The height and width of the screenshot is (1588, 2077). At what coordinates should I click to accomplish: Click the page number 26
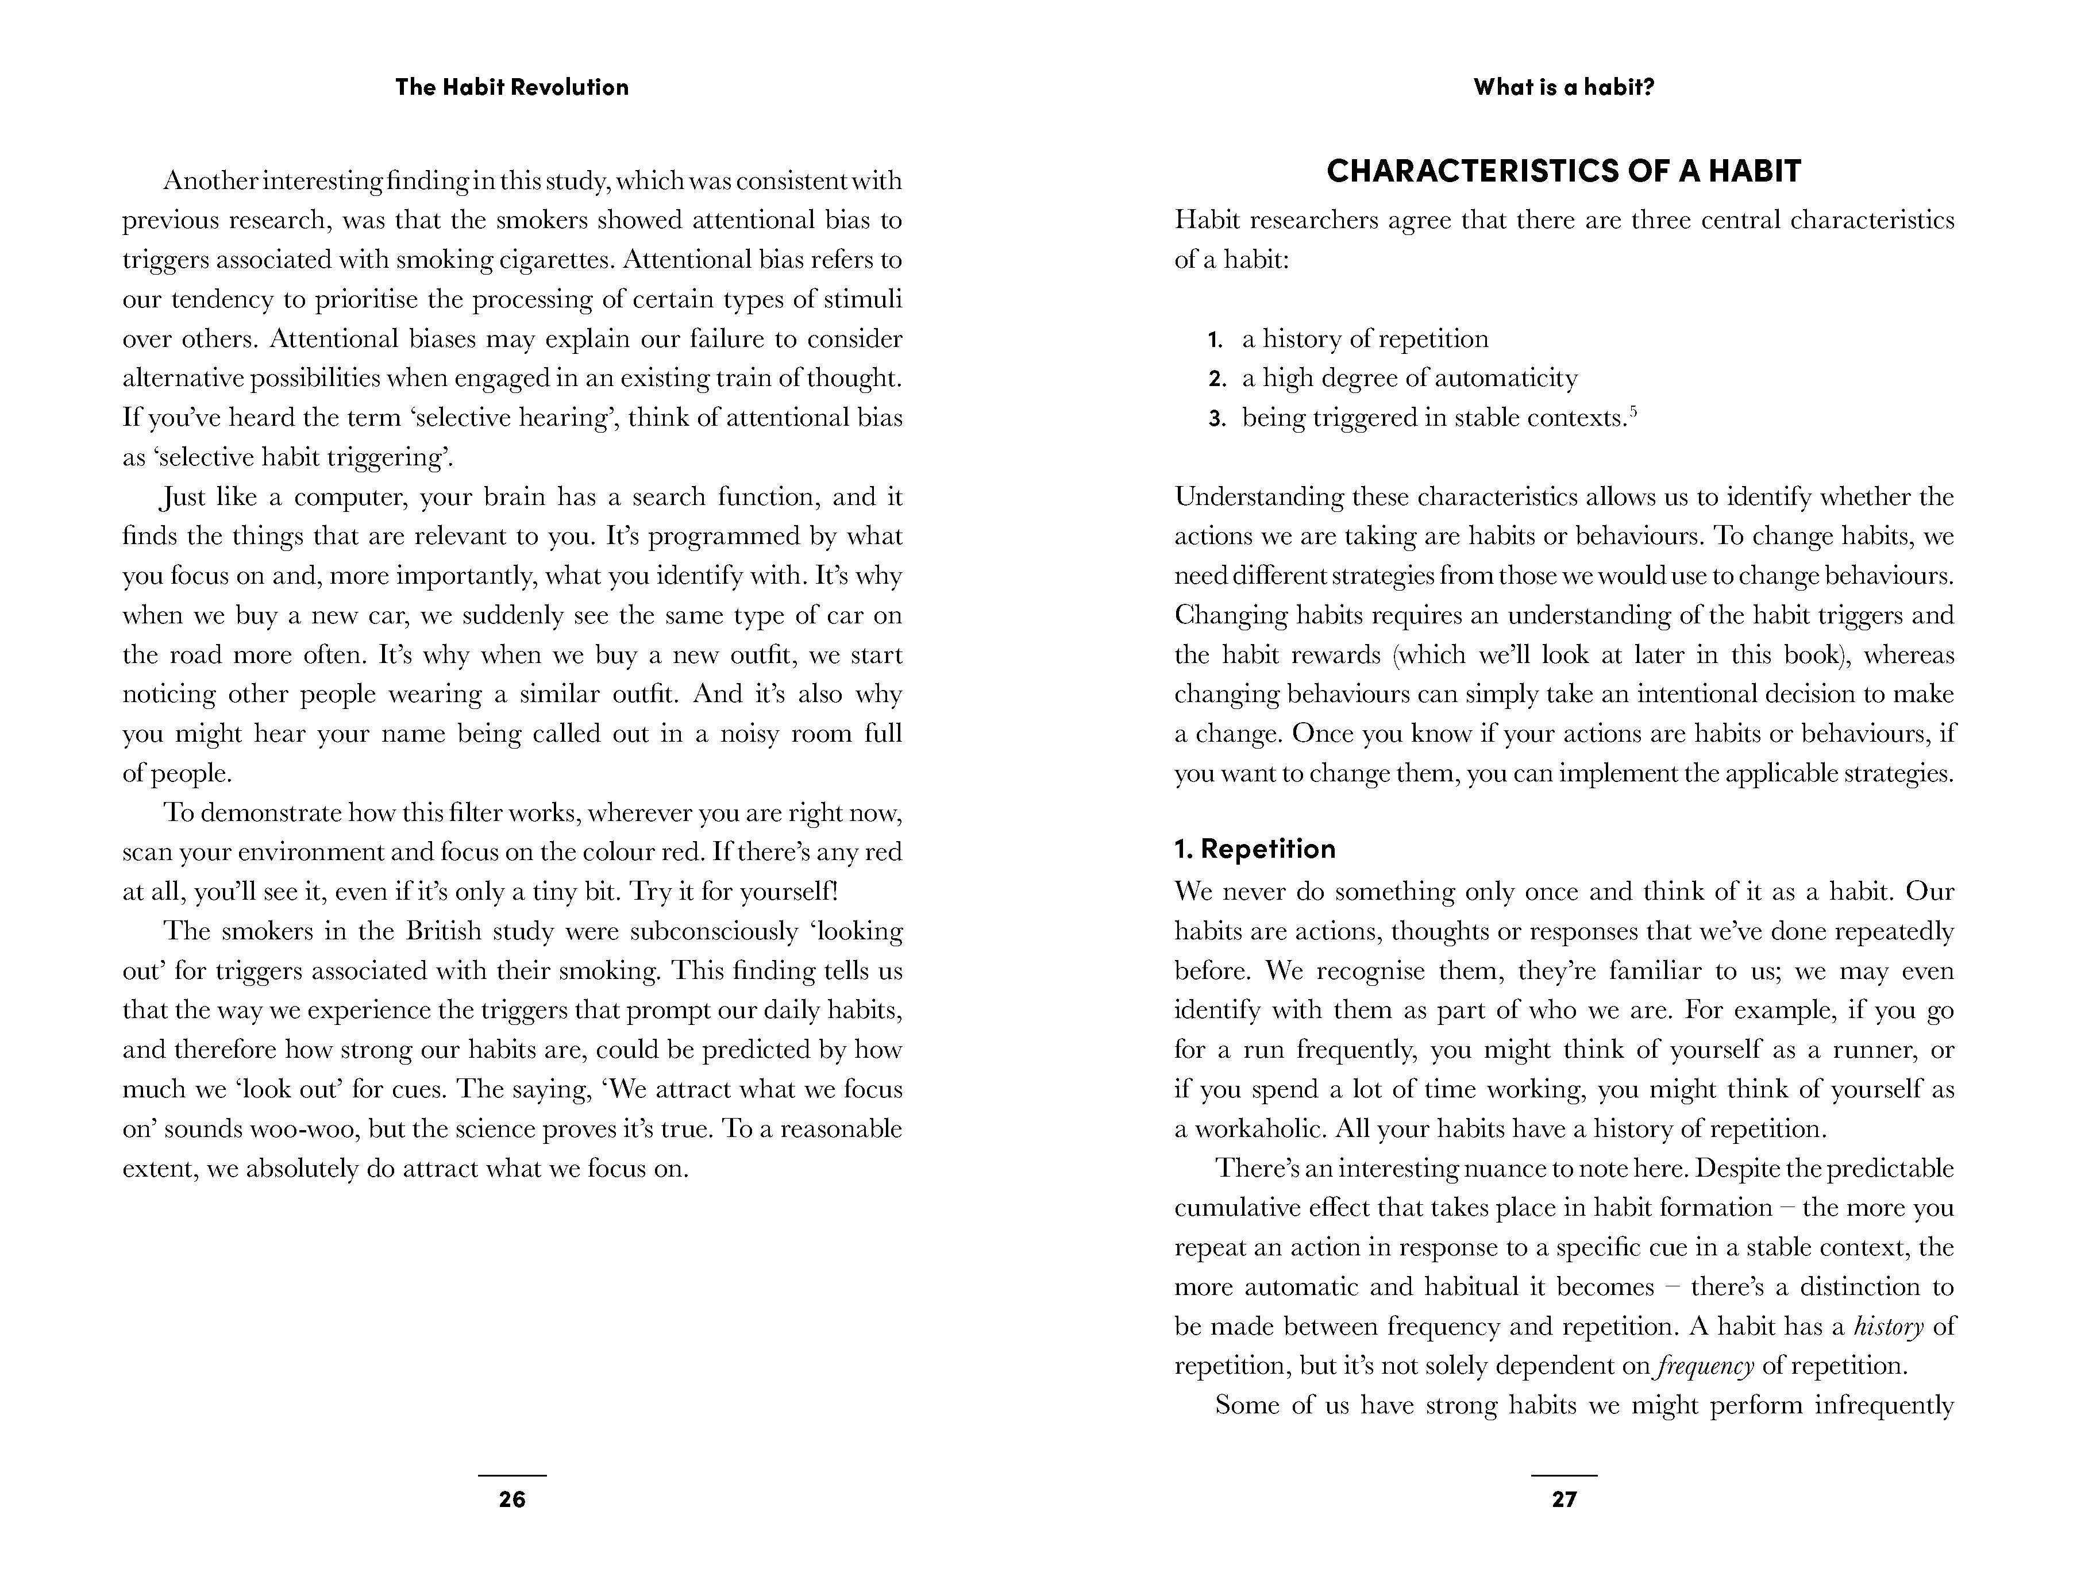[x=511, y=1499]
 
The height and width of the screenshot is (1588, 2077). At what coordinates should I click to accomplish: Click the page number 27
[x=1565, y=1499]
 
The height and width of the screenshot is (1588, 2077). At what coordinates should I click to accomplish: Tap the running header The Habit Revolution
[x=511, y=87]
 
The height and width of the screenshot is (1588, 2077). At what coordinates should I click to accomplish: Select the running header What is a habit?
[x=1564, y=87]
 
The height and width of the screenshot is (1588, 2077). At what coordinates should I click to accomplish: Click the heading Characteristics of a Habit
[x=1564, y=171]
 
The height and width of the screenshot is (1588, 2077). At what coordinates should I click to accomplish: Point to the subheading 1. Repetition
[x=1254, y=849]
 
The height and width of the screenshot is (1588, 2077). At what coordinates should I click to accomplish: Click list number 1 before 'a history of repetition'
[x=1216, y=340]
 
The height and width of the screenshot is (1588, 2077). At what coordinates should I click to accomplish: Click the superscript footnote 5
[x=1633, y=411]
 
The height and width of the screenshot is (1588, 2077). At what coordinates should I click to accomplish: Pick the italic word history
[x=1888, y=1327]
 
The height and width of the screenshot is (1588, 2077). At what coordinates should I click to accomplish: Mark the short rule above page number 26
[x=511, y=1475]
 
